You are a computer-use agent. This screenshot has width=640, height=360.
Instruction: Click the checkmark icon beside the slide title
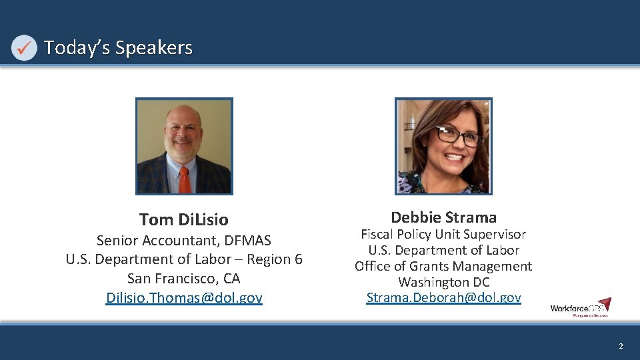pyautogui.click(x=24, y=48)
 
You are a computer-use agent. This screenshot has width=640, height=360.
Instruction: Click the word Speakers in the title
pyautogui.click(x=153, y=48)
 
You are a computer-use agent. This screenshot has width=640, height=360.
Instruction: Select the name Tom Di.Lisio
pyautogui.click(x=184, y=219)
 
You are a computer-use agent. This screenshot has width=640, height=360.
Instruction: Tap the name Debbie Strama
pyautogui.click(x=443, y=217)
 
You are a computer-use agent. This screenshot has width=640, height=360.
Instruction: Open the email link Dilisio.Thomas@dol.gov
pyautogui.click(x=184, y=298)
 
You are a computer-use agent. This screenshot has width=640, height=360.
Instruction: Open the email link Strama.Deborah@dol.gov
pyautogui.click(x=443, y=298)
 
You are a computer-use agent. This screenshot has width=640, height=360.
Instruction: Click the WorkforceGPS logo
pyautogui.click(x=580, y=307)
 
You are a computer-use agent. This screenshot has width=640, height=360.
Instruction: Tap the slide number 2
pyautogui.click(x=621, y=346)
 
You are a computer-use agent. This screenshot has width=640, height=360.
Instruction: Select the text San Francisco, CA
pyautogui.click(x=184, y=279)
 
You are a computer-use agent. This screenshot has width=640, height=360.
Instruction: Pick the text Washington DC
pyautogui.click(x=443, y=282)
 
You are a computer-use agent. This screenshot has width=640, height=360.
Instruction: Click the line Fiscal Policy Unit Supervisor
pyautogui.click(x=443, y=234)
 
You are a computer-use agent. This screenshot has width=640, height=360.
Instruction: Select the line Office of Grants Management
pyautogui.click(x=443, y=266)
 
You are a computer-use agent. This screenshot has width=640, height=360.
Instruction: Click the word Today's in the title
pyautogui.click(x=77, y=48)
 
